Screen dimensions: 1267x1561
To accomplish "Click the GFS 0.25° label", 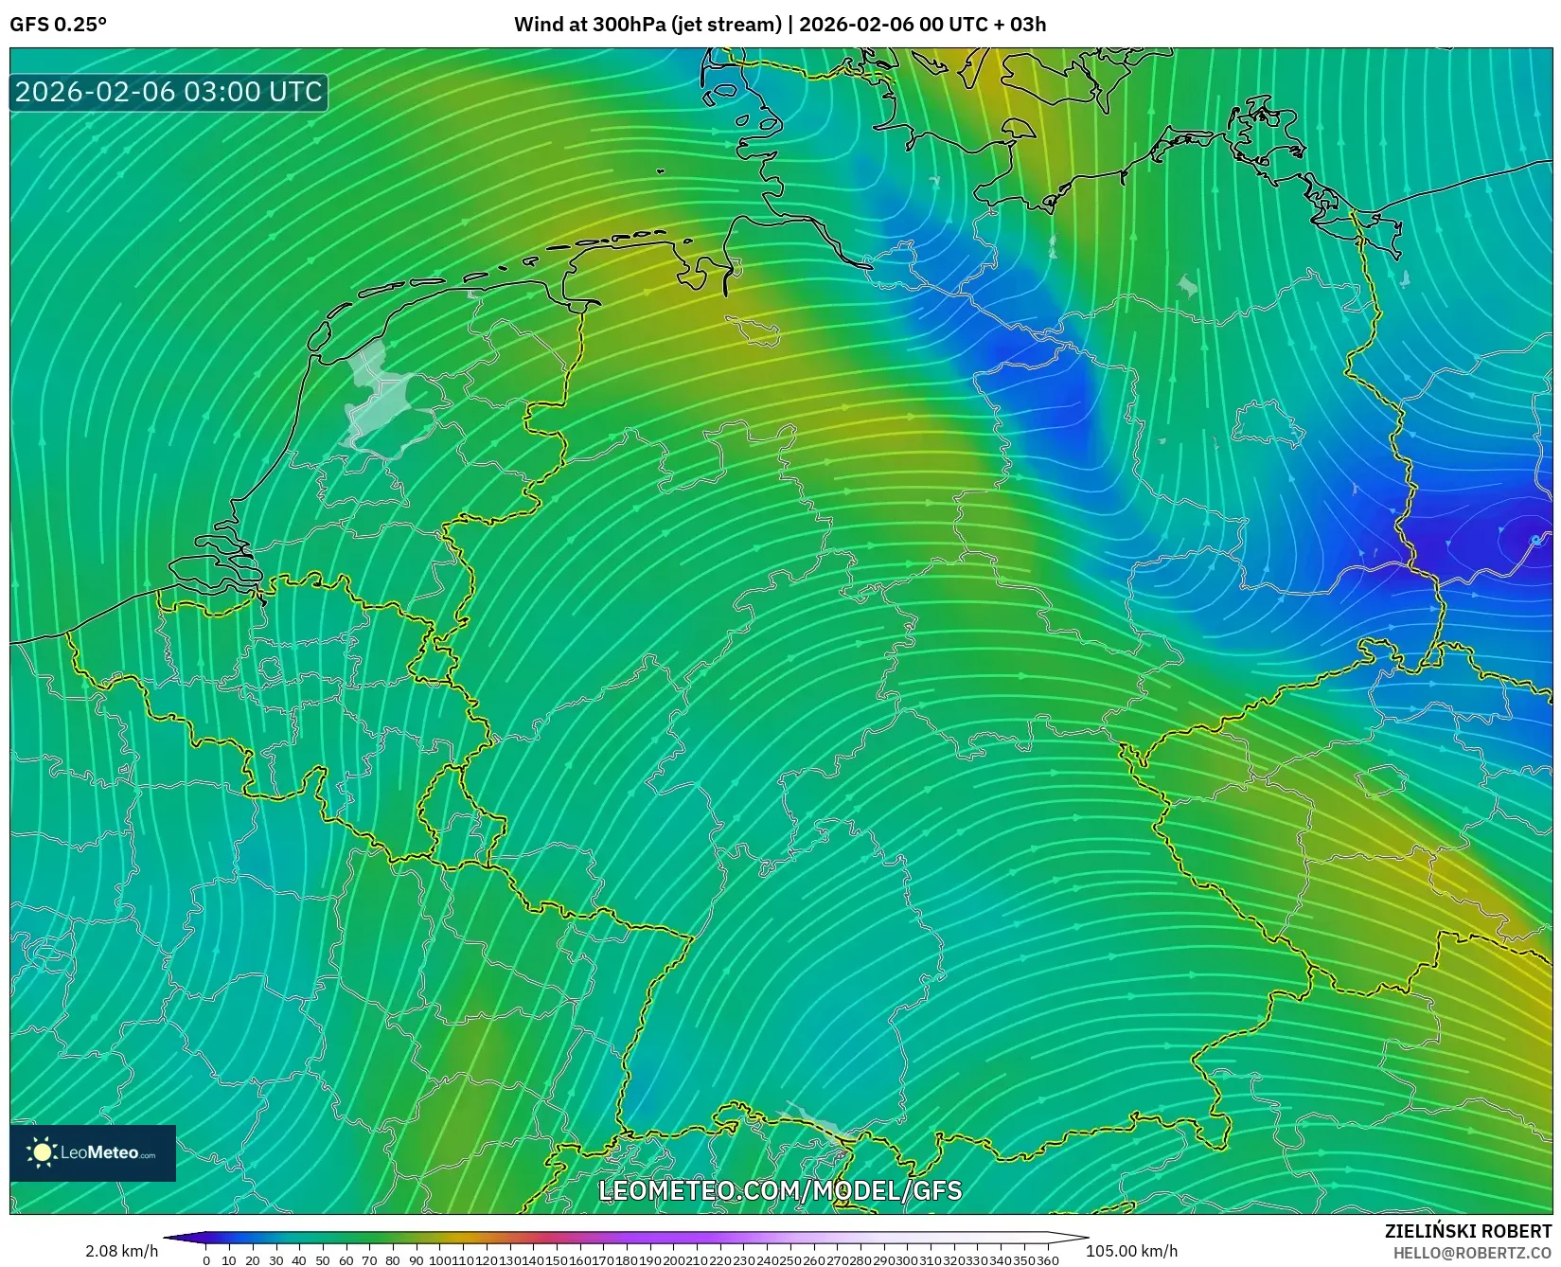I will pyautogui.click(x=58, y=25).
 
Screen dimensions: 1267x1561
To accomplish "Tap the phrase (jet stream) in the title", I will pyautogui.click(x=726, y=25).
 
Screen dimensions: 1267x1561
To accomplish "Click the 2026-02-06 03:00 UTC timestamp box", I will pyautogui.click(x=169, y=92).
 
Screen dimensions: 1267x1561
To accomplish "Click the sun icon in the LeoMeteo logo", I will pyautogui.click(x=42, y=1152).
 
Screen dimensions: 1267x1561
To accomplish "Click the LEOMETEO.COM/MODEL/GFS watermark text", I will pyautogui.click(x=780, y=1190).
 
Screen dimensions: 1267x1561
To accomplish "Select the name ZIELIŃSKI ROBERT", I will pyautogui.click(x=1467, y=1231).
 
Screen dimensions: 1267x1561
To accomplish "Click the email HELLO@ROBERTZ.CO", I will pyautogui.click(x=1472, y=1252).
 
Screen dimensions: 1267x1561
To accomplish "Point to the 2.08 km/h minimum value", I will pyautogui.click(x=121, y=1251).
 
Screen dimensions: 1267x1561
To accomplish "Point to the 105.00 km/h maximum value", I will pyautogui.click(x=1131, y=1251).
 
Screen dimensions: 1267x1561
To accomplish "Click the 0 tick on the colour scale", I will pyautogui.click(x=206, y=1260).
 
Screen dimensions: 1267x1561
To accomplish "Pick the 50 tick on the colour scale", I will pyautogui.click(x=323, y=1260).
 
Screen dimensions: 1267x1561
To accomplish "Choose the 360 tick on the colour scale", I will pyautogui.click(x=1048, y=1260).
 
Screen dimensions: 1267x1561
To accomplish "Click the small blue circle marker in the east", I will pyautogui.click(x=1535, y=540).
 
